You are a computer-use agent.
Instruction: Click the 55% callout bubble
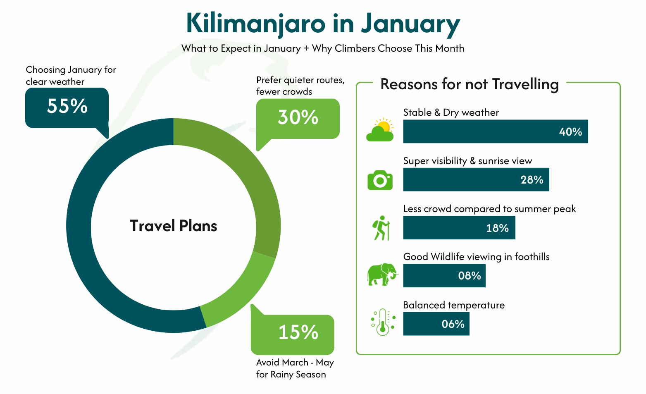(67, 107)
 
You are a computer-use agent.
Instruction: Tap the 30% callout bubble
(298, 118)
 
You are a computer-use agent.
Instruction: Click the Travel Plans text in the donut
(174, 226)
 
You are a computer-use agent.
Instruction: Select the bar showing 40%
(495, 131)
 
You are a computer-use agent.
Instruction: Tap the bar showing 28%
(476, 179)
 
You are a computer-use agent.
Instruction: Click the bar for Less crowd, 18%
(459, 228)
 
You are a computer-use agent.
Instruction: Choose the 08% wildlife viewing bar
(444, 276)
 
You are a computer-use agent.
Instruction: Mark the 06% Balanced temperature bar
(436, 324)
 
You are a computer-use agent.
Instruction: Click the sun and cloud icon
(380, 130)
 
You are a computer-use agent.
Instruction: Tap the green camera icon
(380, 180)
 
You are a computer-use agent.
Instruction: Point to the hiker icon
(381, 228)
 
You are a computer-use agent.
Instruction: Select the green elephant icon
(381, 274)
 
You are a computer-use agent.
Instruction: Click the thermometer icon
(383, 322)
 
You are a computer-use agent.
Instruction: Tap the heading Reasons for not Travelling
(469, 84)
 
